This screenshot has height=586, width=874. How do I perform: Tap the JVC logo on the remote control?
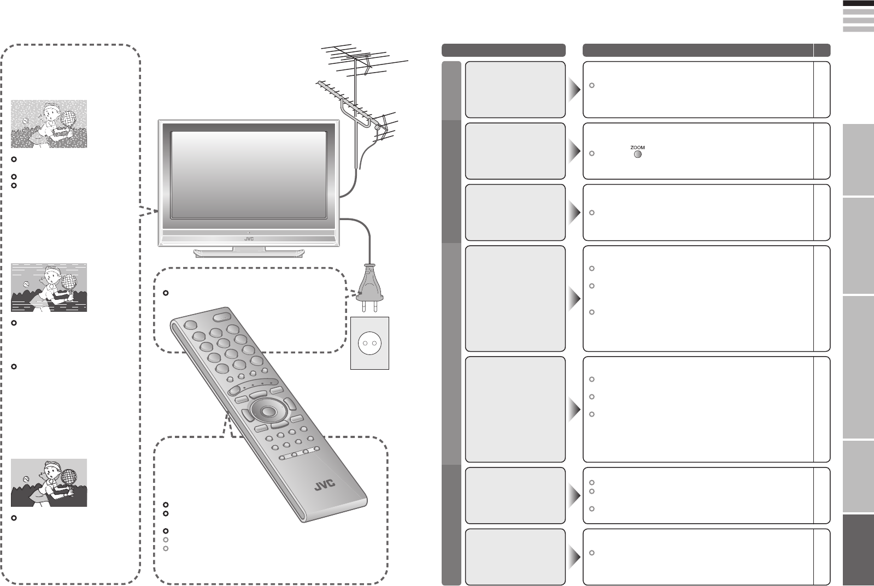point(325,484)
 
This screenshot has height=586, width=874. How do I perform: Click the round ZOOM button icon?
point(637,154)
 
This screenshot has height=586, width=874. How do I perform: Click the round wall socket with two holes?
point(369,344)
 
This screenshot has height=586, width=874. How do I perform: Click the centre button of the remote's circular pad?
point(267,411)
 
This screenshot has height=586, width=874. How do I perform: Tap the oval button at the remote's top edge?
point(222,316)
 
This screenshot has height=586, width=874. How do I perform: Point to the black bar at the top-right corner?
point(858,3)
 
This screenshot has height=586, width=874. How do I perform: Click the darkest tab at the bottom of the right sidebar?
point(858,549)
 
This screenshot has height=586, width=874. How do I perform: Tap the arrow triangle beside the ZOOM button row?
point(573,152)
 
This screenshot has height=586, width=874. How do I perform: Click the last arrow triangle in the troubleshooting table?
point(573,557)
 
